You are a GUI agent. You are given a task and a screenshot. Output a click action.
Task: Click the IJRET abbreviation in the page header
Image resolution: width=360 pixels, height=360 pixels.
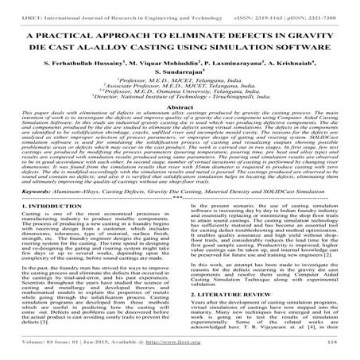(x=17, y=8)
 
